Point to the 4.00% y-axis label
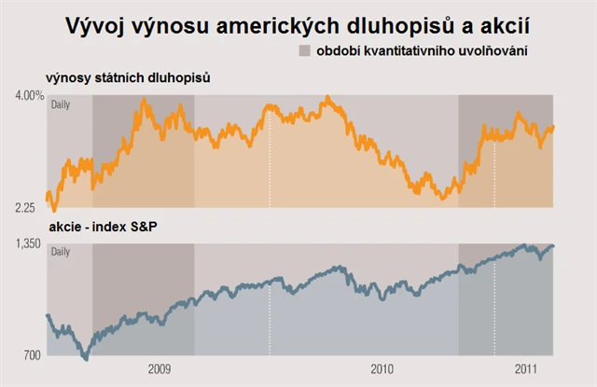coord(29,95)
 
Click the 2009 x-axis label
coord(160,368)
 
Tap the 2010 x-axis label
coord(382,368)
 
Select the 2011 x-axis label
coord(527,368)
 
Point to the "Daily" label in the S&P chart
coord(60,251)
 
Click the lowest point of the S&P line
coord(86,357)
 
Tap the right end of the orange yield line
coord(553,127)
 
